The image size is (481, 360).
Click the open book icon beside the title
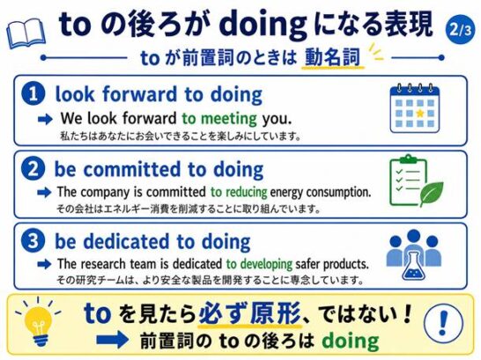tap(26, 33)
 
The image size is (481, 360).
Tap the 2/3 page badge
tap(459, 29)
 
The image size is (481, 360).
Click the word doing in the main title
tap(263, 26)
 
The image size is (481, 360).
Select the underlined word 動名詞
tap(332, 57)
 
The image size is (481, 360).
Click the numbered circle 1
tap(33, 93)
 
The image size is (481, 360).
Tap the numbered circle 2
tap(33, 169)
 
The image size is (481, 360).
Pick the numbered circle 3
tap(33, 241)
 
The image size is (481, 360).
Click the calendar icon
tap(414, 108)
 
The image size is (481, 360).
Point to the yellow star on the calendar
tap(419, 114)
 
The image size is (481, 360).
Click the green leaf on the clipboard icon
tap(432, 194)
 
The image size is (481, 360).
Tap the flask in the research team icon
tap(413, 264)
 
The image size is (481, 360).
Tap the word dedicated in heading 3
tap(126, 241)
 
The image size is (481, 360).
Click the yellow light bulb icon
tap(38, 322)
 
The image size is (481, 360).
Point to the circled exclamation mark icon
tap(442, 325)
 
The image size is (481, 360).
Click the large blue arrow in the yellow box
tap(112, 341)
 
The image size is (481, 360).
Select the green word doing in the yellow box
tap(351, 341)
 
